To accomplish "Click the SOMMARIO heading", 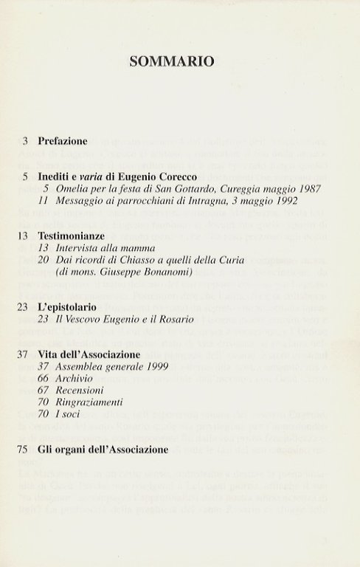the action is point(172,61).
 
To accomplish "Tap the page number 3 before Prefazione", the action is point(26,140).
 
